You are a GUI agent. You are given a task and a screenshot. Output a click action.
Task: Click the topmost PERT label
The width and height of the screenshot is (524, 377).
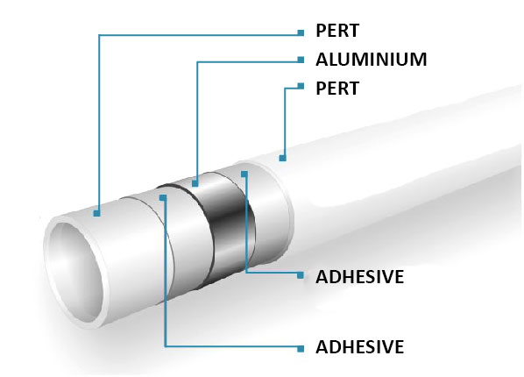pyautogui.click(x=337, y=31)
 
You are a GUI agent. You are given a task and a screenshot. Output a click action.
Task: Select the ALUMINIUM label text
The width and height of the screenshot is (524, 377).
pyautogui.click(x=372, y=60)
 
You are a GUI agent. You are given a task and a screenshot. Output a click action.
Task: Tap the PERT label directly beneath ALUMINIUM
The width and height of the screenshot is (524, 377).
pyautogui.click(x=337, y=89)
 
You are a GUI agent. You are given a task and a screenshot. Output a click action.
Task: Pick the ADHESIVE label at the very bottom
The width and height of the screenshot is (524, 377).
pyautogui.click(x=359, y=346)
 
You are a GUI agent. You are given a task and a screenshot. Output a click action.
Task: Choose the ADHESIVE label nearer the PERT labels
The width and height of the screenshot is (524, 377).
pyautogui.click(x=359, y=277)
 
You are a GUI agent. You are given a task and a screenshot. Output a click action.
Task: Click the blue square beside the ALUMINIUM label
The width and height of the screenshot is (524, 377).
pyautogui.click(x=301, y=60)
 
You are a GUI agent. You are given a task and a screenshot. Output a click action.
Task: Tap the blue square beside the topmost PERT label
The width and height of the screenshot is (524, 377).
pyautogui.click(x=301, y=32)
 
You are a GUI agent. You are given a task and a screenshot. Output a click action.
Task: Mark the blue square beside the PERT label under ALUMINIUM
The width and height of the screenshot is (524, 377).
pyautogui.click(x=301, y=86)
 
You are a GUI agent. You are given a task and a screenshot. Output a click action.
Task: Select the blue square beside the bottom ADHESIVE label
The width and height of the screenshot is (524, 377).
pyautogui.click(x=301, y=349)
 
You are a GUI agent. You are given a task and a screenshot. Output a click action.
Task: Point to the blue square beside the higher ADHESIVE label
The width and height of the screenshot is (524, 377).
pyautogui.click(x=301, y=275)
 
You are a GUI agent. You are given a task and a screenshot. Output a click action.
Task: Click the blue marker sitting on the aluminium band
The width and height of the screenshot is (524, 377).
pyautogui.click(x=195, y=183)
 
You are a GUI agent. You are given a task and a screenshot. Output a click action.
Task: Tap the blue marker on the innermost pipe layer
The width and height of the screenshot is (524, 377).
pyautogui.click(x=96, y=213)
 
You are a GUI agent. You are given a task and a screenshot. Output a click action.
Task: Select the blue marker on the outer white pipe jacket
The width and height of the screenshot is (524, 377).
pyautogui.click(x=283, y=158)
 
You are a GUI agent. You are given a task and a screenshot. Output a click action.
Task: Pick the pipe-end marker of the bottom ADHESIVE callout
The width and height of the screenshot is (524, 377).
pyautogui.click(x=163, y=197)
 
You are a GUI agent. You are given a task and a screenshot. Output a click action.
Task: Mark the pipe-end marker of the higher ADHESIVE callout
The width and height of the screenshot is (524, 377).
pyautogui.click(x=244, y=174)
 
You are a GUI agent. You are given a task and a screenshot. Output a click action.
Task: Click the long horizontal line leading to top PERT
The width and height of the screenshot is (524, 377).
pyautogui.click(x=199, y=34)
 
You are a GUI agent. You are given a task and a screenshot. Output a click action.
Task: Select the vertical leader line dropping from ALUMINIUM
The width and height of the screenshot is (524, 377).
pyautogui.click(x=197, y=121)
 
